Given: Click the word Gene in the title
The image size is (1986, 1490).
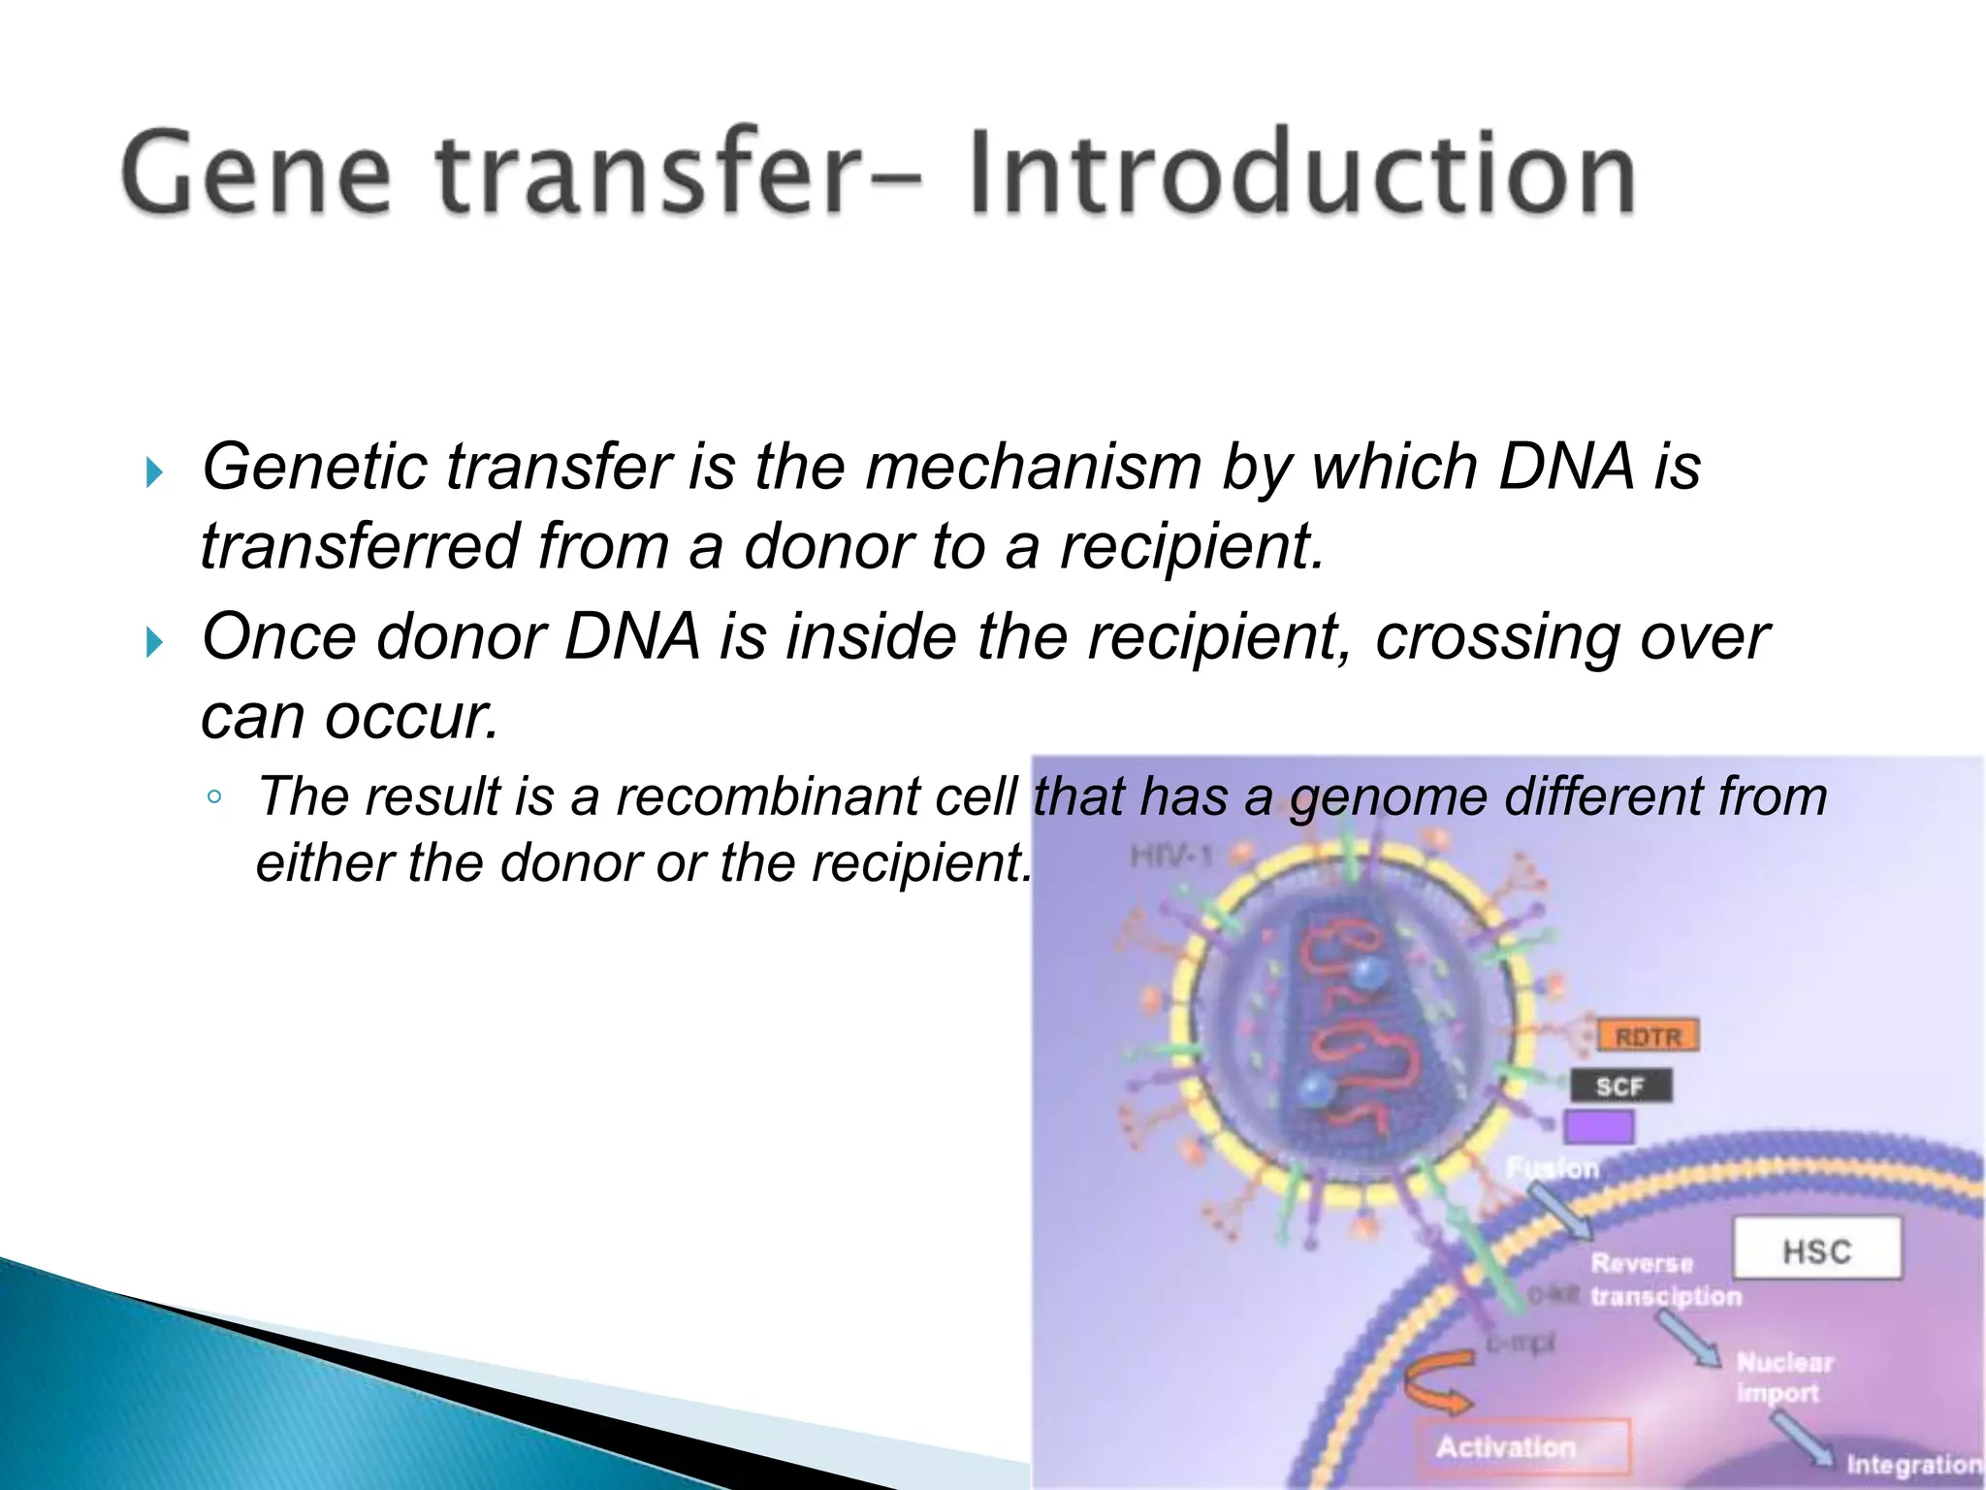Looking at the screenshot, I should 256,172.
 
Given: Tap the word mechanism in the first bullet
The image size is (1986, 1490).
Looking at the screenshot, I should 1034,469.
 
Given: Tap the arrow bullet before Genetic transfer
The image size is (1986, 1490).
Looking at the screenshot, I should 154,473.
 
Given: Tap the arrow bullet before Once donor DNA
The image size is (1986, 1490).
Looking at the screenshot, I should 154,642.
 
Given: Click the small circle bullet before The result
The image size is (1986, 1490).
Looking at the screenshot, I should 214,798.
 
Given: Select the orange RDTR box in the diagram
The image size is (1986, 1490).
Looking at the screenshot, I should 1647,1036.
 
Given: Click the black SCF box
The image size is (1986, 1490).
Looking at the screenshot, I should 1620,1085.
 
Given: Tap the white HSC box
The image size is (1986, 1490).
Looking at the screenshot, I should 1816,1249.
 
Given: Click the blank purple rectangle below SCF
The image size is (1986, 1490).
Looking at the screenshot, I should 1598,1127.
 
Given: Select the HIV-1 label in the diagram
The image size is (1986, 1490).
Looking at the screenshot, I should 1171,856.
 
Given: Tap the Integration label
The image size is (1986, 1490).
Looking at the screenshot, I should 1912,1464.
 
